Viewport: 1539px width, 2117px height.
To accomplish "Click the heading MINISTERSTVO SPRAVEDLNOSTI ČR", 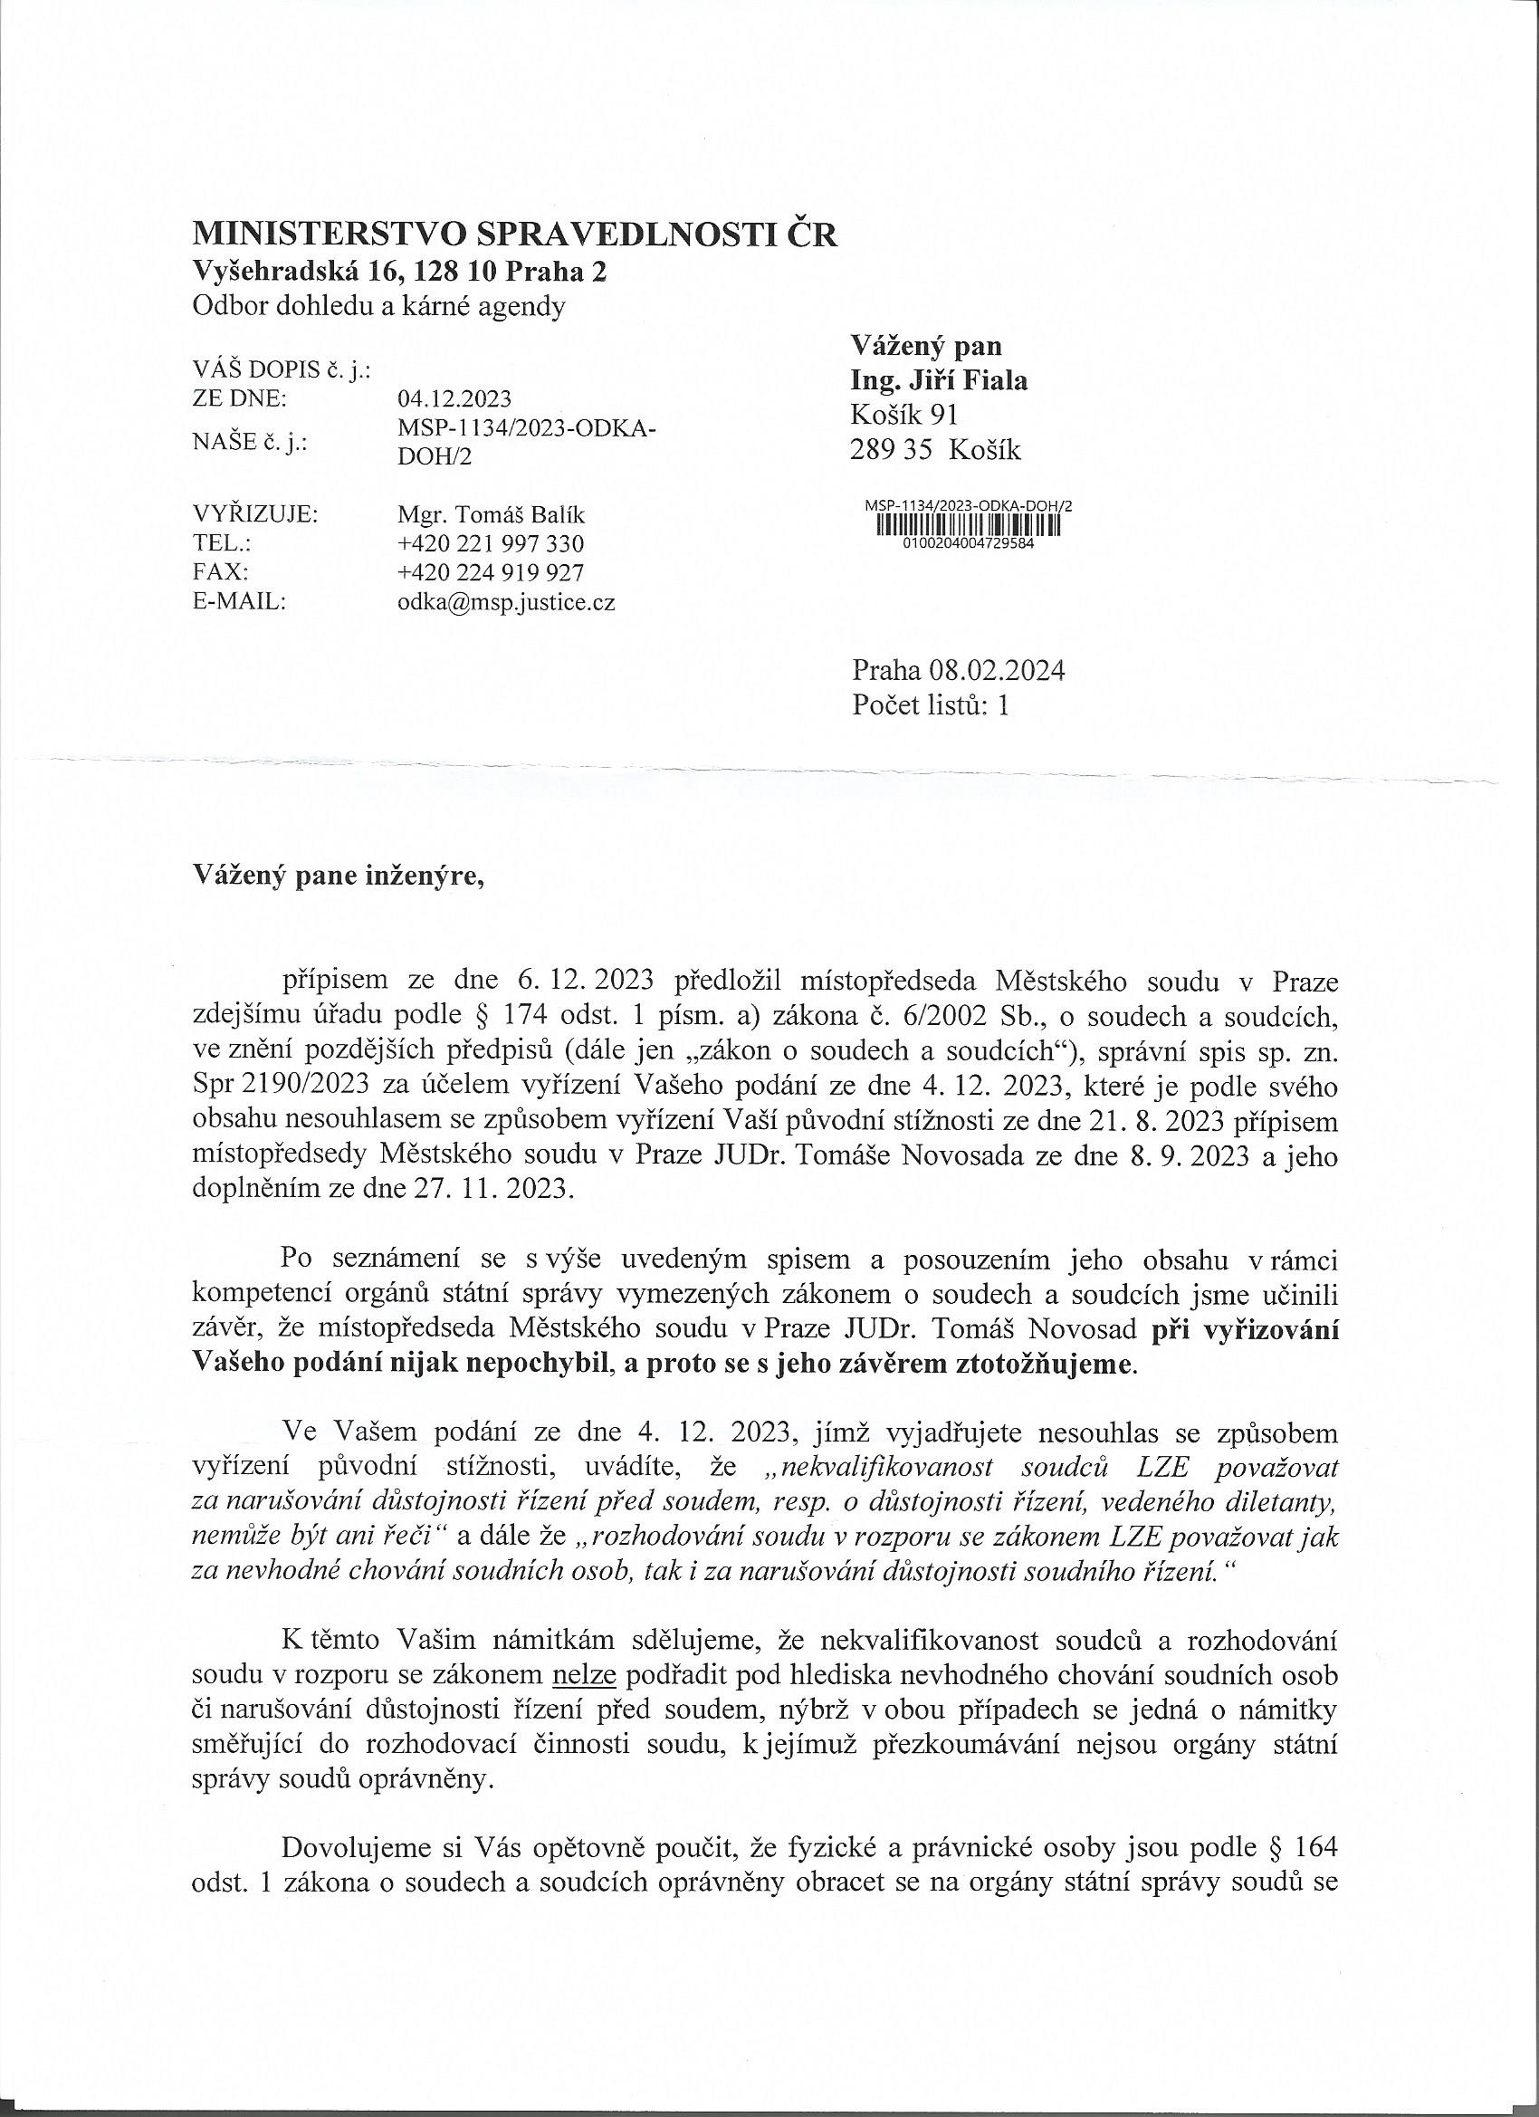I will pyautogui.click(x=514, y=235).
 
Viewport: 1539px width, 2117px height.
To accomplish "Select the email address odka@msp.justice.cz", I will pyautogui.click(x=506, y=602).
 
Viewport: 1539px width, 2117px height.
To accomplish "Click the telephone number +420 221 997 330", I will pyautogui.click(x=491, y=543).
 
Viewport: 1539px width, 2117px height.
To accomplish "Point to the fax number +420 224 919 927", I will pyautogui.click(x=491, y=572).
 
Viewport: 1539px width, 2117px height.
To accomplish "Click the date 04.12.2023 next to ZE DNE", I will pyautogui.click(x=454, y=399).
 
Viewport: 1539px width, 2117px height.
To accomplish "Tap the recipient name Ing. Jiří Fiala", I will pyautogui.click(x=939, y=380).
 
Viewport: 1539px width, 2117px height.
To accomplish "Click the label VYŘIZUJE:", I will pyautogui.click(x=253, y=514).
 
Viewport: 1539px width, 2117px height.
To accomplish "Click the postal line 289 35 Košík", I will pyautogui.click(x=935, y=451).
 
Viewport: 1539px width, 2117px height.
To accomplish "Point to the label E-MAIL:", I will pyautogui.click(x=238, y=602).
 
